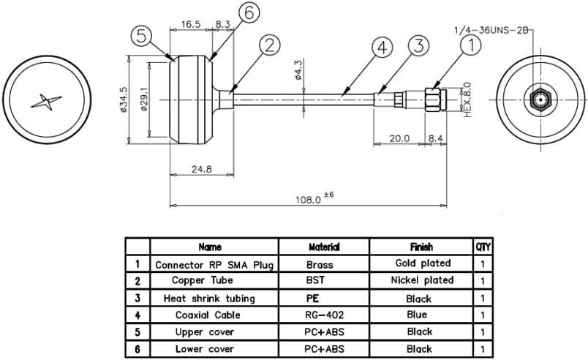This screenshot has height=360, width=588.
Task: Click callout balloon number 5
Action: [x=142, y=35]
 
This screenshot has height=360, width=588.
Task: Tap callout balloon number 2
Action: [x=268, y=45]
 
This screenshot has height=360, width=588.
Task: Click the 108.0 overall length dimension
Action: [x=308, y=198]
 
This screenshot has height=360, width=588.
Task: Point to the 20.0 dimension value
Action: [x=399, y=138]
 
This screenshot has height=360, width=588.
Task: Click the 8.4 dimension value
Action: [x=435, y=138]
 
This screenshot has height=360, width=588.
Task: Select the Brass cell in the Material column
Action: [x=319, y=264]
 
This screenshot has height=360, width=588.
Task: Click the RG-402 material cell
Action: [x=319, y=315]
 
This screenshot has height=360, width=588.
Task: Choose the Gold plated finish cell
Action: [x=423, y=263]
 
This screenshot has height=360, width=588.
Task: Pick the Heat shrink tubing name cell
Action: [x=209, y=299]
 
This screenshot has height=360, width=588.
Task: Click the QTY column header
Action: [x=482, y=247]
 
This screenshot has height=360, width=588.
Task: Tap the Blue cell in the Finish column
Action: [x=419, y=315]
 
